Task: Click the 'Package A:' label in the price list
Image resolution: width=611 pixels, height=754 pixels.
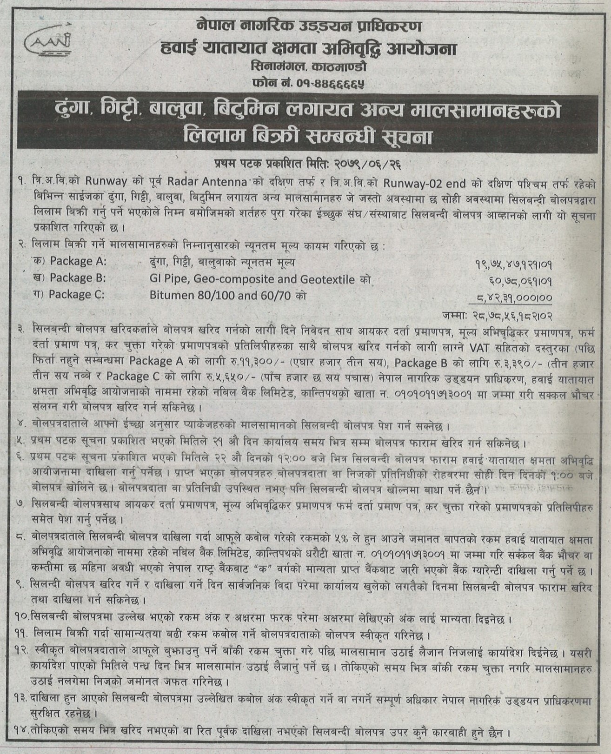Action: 78,261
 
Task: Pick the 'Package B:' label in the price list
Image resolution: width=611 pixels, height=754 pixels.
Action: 78,278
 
